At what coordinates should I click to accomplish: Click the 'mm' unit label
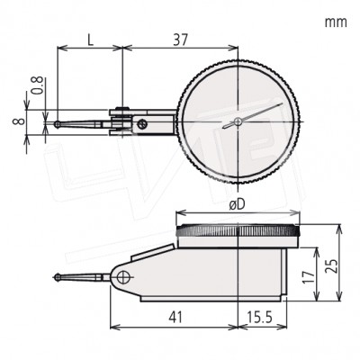pyautogui.click(x=336, y=22)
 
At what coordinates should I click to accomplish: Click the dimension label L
pyautogui.click(x=91, y=40)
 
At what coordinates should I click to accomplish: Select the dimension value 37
pyautogui.click(x=180, y=40)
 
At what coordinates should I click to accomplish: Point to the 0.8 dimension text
pyautogui.click(x=39, y=85)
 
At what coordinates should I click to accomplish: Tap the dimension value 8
pyautogui.click(x=18, y=121)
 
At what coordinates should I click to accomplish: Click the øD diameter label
pyautogui.click(x=238, y=204)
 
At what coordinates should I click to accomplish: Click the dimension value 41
pyautogui.click(x=175, y=317)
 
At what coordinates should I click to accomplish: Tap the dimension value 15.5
pyautogui.click(x=259, y=317)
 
